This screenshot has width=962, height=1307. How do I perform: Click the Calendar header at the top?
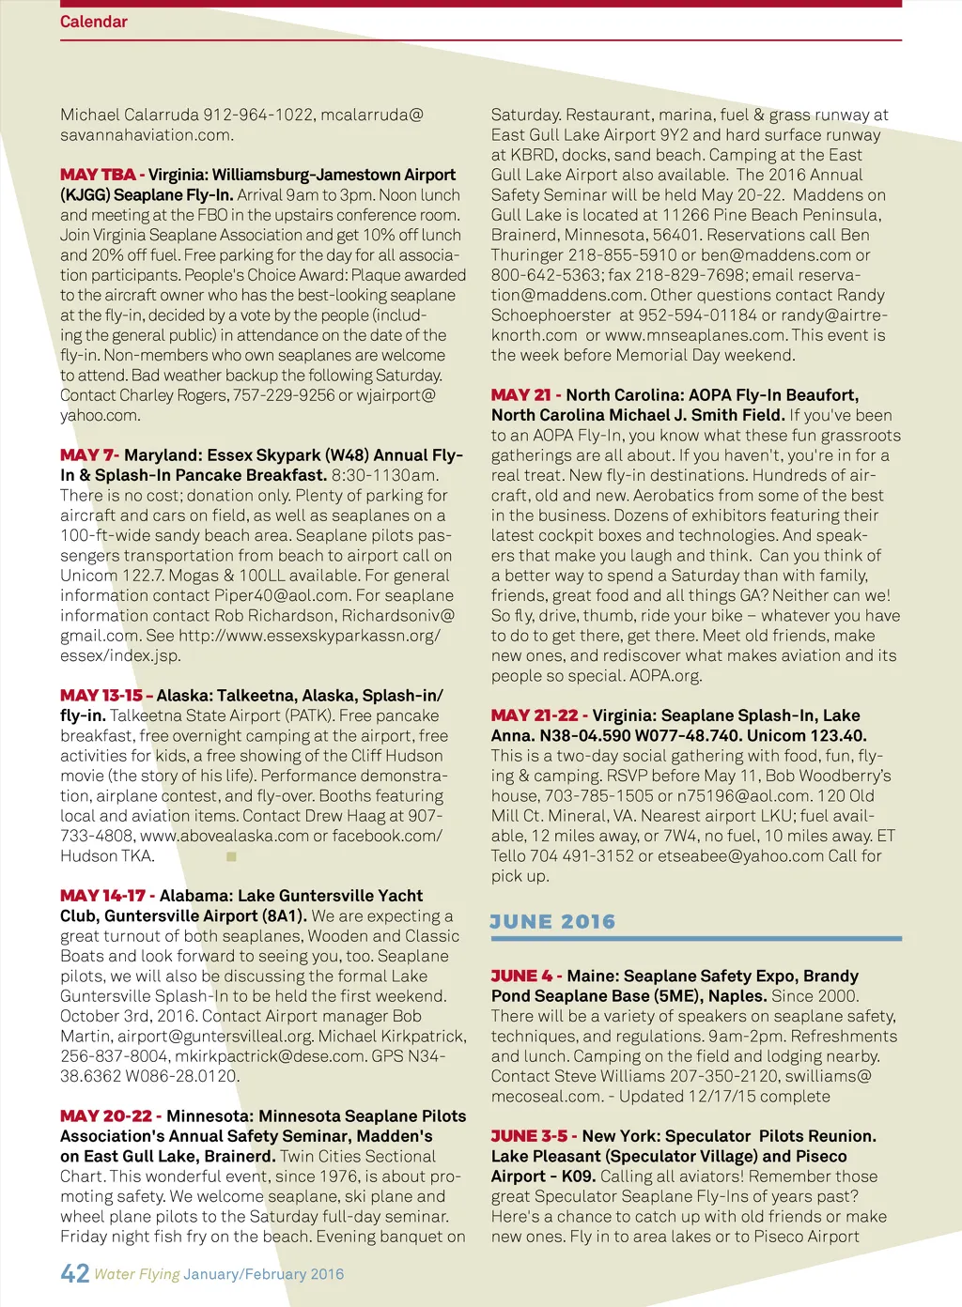click(93, 22)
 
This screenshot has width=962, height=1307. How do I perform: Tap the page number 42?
click(74, 1273)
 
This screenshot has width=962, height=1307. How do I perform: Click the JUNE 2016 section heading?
click(552, 922)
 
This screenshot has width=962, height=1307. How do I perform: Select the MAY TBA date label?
click(98, 175)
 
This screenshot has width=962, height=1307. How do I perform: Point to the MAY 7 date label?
click(88, 455)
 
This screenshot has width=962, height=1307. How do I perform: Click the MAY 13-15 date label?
click(101, 696)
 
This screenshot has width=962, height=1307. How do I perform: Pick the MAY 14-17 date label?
click(102, 896)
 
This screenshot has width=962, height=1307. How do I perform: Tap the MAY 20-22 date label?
click(106, 1116)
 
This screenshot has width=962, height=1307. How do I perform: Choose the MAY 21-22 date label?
click(535, 715)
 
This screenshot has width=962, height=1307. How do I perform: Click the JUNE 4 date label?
click(521, 976)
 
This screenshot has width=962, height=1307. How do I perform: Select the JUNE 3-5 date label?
click(529, 1136)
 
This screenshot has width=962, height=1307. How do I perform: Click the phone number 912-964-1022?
click(258, 115)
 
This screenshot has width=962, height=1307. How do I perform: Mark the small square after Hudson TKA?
click(232, 856)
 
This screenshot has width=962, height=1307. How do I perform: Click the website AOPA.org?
click(665, 676)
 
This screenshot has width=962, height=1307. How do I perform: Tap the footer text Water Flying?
click(137, 1274)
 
